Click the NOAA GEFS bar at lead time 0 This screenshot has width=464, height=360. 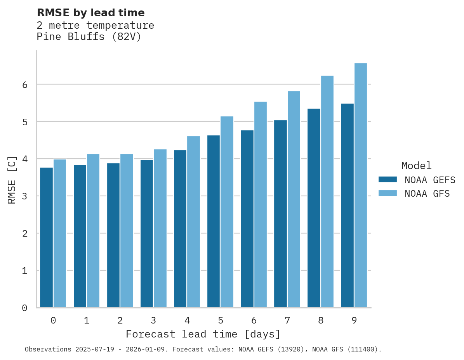(x=47, y=237)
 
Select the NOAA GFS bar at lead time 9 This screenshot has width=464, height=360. (x=361, y=185)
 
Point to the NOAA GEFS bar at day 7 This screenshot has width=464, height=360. (x=280, y=214)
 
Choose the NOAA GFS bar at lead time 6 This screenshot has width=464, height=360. (x=261, y=204)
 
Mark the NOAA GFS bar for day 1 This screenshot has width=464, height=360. (x=93, y=231)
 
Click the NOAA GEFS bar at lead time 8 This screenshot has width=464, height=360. (x=314, y=208)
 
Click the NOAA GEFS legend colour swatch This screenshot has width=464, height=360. (x=388, y=180)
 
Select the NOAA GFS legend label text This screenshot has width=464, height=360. (x=427, y=194)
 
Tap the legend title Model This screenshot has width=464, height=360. (x=416, y=166)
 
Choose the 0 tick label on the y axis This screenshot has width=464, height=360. (x=24, y=308)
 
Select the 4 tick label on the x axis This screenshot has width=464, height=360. (x=187, y=321)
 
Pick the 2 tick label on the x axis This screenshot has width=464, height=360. (x=120, y=321)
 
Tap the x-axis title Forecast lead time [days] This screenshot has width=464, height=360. (x=203, y=334)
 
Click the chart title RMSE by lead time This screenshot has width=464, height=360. (x=90, y=13)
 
